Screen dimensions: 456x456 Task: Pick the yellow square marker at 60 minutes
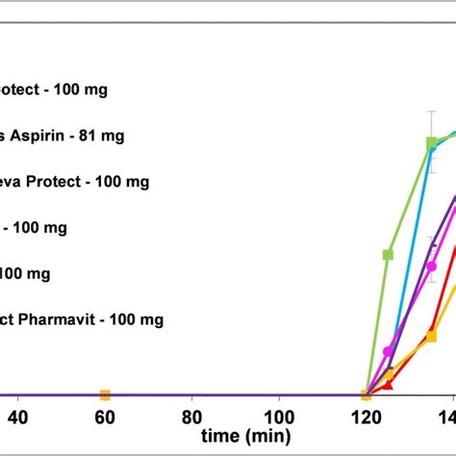pos(105,394)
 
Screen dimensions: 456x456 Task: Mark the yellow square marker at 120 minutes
pos(366,394)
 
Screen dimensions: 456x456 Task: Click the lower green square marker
pos(389,255)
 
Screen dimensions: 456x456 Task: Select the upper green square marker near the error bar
pos(432,143)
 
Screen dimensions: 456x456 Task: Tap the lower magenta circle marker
pos(389,352)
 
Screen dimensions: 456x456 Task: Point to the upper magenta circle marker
pos(433,266)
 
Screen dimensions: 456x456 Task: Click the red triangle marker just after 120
pos(389,385)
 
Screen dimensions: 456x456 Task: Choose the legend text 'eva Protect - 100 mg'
pos(67,182)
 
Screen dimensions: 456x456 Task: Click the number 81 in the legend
pos(93,136)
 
